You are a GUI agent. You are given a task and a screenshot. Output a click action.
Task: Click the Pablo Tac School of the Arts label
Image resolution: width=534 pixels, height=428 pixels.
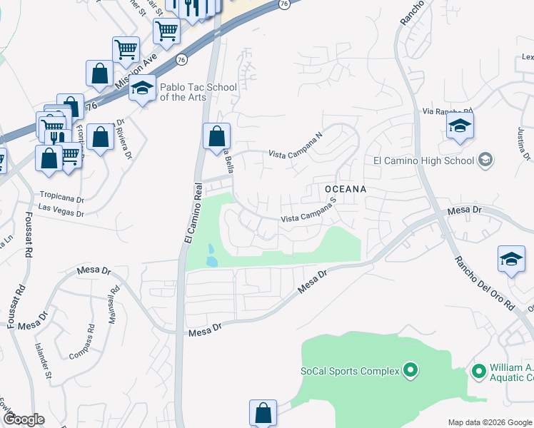(198, 92)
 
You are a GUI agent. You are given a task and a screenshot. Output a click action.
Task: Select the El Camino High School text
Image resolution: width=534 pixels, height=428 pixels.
(424, 160)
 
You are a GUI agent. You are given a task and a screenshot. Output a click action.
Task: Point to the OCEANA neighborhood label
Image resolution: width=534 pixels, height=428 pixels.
(346, 189)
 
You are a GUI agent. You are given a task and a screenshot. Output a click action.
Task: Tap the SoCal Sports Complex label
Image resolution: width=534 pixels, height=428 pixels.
(349, 371)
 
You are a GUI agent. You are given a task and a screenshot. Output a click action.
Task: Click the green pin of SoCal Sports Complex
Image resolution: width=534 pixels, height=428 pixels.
(410, 370)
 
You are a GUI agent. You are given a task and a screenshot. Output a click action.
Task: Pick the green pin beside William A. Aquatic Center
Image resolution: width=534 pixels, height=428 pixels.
(478, 370)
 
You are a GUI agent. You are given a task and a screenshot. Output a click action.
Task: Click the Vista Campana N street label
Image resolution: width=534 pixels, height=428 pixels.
(296, 145)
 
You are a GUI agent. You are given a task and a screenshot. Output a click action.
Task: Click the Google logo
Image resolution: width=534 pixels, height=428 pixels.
(24, 419)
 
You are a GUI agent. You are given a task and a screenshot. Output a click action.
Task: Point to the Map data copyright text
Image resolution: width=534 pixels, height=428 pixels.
(489, 422)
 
